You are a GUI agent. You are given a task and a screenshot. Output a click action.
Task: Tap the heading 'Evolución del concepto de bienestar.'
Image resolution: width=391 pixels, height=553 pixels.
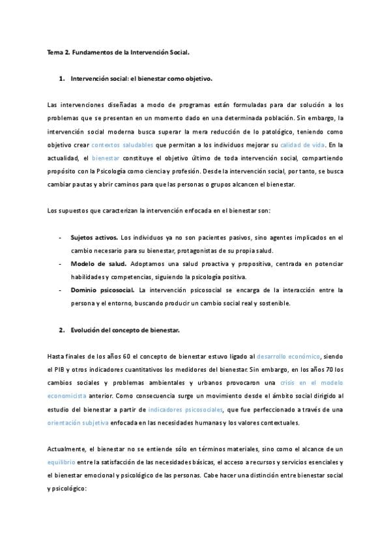click(124, 330)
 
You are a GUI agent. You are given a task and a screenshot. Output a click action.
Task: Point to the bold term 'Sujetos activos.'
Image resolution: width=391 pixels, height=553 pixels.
click(94, 239)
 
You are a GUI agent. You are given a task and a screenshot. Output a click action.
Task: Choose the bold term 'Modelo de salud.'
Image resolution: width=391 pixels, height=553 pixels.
click(94, 264)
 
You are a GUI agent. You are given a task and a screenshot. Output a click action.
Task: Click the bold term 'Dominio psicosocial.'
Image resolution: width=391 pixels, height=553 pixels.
click(102, 289)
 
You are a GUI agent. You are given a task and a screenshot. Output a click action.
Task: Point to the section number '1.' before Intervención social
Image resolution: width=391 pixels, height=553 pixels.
click(62, 78)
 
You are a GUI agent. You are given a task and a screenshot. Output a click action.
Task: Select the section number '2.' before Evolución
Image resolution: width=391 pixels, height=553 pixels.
click(62, 330)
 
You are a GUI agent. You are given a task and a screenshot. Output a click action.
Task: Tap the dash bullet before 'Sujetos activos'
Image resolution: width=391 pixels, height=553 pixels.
click(61, 239)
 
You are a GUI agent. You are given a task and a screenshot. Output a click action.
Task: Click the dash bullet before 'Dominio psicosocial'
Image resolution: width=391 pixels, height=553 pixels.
click(61, 289)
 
